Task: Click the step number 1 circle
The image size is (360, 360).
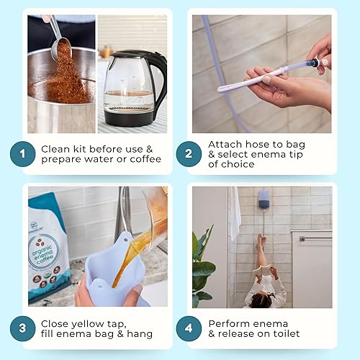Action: [x=23, y=153]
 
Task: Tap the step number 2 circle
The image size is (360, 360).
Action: [x=189, y=153]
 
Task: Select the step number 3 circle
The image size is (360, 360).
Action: [x=23, y=328]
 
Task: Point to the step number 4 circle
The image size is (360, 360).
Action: [x=189, y=328]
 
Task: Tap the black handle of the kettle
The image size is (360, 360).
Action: [x=160, y=79]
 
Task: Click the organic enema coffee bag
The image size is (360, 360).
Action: [x=48, y=245]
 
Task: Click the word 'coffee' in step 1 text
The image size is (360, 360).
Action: [x=146, y=159]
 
